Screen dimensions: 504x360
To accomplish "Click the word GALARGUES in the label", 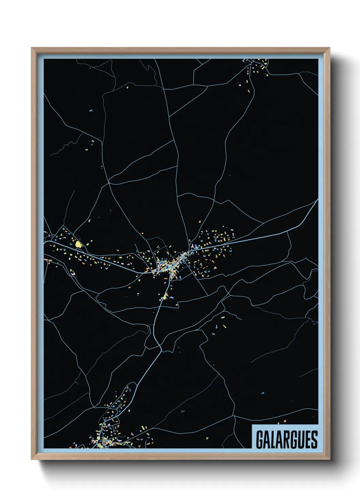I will click(x=287, y=440).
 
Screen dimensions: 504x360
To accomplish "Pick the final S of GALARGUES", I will click(x=314, y=440).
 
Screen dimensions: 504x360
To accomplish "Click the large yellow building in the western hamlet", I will click(x=79, y=244).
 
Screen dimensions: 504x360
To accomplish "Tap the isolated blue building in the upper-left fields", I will click(x=91, y=111).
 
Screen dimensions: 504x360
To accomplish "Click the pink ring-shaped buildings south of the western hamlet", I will click(x=72, y=272).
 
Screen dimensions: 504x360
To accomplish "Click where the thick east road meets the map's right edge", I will click(x=317, y=201).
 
